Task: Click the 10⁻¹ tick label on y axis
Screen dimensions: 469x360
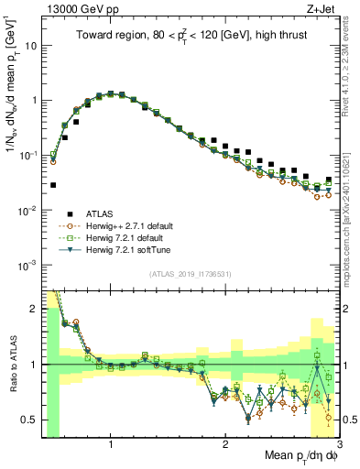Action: [28, 155]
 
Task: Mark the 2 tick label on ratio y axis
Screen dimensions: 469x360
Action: [33, 309]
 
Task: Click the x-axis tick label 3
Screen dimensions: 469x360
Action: [339, 444]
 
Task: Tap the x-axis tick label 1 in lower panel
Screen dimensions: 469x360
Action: [111, 444]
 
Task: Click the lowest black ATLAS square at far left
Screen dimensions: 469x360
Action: [53, 185]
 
